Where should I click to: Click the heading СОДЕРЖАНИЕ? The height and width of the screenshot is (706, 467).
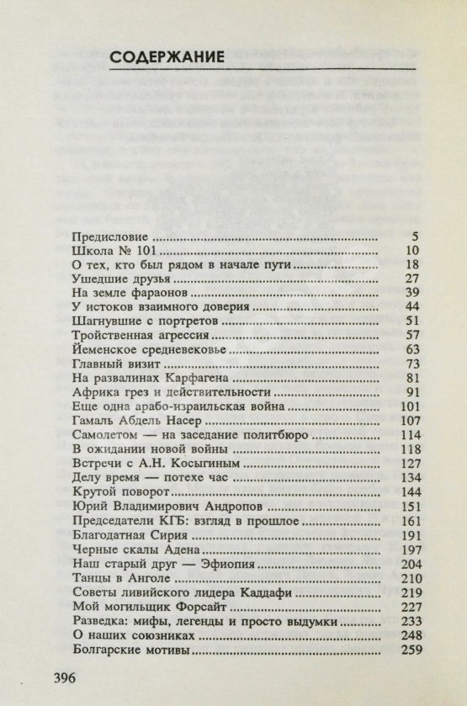[x=167, y=57]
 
